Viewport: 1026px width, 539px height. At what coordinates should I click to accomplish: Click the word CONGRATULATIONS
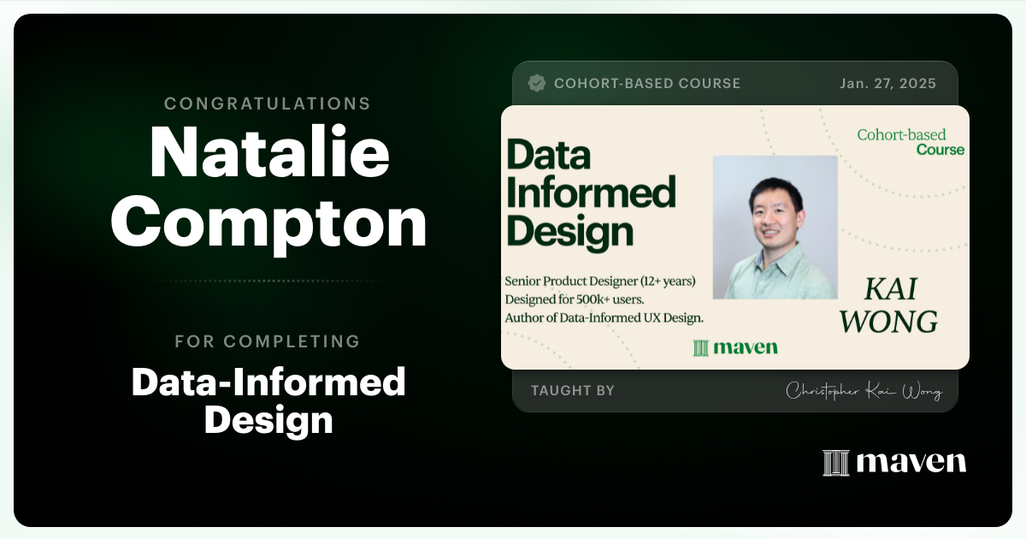[x=268, y=104]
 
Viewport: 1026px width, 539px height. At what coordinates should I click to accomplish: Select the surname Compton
[x=268, y=224]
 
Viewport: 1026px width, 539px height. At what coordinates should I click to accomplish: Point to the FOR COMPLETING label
[x=268, y=341]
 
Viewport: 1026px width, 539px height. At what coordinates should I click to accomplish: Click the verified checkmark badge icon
[x=537, y=83]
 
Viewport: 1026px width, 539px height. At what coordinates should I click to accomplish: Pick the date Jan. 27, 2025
[x=887, y=84]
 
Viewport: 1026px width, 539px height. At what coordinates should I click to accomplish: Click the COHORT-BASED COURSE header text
[x=646, y=84]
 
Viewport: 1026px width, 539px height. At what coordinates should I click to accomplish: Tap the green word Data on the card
[x=548, y=157]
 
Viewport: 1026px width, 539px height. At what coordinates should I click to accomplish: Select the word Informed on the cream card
[x=591, y=193]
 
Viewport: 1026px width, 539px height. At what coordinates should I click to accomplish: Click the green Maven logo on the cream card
[x=735, y=347]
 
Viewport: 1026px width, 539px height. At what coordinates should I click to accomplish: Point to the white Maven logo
[x=894, y=462]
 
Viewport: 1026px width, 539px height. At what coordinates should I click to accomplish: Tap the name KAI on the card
[x=889, y=290]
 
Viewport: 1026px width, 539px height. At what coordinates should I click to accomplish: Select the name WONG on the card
[x=888, y=323]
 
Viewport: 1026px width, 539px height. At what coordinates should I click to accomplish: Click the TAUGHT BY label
[x=572, y=391]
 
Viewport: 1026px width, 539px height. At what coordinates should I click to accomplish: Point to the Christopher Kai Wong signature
[x=863, y=392]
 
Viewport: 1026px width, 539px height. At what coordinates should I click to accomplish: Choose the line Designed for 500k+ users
[x=587, y=299]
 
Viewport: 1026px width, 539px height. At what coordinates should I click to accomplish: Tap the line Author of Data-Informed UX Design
[x=604, y=318]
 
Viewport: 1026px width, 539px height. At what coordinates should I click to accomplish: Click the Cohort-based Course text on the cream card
[x=911, y=142]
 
